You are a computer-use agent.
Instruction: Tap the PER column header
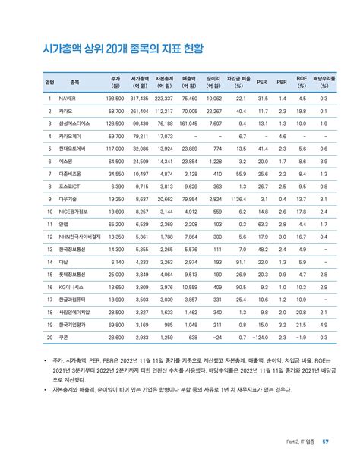point(262,82)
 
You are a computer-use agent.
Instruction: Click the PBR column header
point(281,82)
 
